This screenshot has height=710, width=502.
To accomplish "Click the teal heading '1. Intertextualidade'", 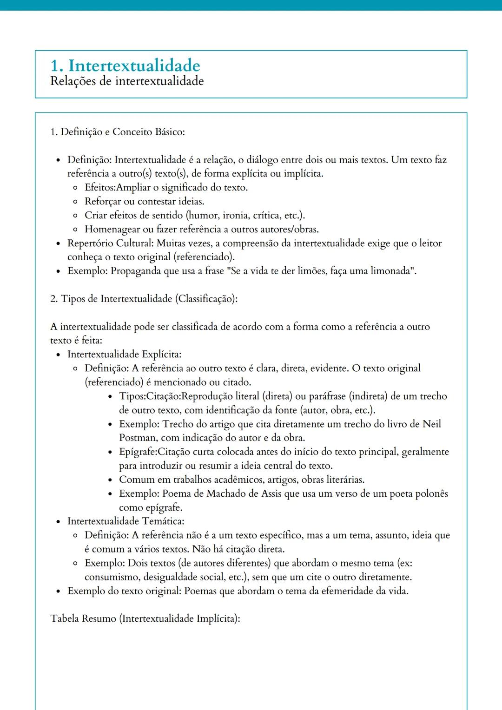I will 125,66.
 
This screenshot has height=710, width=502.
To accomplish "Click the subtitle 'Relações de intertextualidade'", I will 127,81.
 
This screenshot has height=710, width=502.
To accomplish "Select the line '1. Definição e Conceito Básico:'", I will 117,132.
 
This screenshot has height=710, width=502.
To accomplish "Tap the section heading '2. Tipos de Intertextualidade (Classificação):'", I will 144,299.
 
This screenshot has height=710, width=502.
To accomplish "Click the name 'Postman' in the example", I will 137,438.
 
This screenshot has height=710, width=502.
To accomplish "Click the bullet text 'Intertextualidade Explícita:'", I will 124,355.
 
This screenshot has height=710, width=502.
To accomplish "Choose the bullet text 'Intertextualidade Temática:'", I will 125,521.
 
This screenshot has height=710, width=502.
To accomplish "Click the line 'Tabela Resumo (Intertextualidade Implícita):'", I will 145,619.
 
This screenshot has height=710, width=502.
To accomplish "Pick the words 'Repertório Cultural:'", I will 110,243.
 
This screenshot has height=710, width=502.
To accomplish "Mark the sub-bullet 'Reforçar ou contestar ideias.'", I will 144,202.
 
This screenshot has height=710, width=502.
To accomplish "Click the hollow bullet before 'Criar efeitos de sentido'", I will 75,216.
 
